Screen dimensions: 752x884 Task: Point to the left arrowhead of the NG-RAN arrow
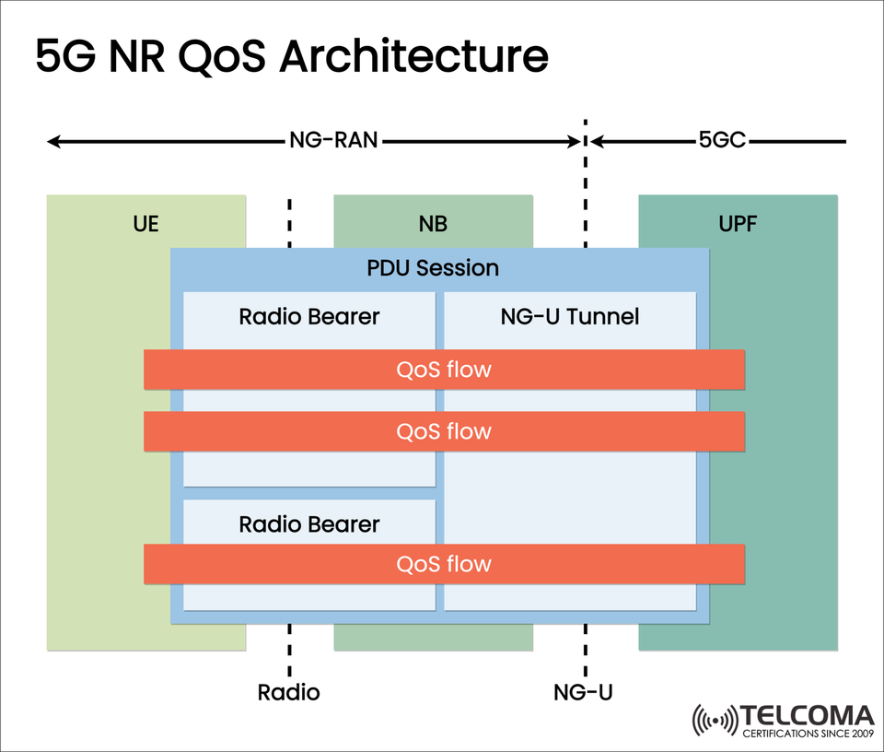coord(54,142)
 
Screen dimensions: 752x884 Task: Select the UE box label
coord(146,224)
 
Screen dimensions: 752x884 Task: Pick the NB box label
coord(433,224)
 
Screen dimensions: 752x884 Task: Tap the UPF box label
coord(738,224)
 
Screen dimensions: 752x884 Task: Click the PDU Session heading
coord(433,268)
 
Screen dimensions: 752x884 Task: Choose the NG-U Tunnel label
coord(570,317)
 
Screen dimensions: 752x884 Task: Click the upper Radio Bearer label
coord(309,317)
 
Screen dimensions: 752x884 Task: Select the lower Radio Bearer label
coord(309,525)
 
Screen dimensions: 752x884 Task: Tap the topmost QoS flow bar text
coord(444,370)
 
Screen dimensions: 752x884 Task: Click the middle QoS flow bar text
coord(444,431)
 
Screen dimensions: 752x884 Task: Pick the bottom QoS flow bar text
coord(444,564)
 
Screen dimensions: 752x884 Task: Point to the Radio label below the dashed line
coord(289,692)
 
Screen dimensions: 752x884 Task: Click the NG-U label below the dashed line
coord(584,692)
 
